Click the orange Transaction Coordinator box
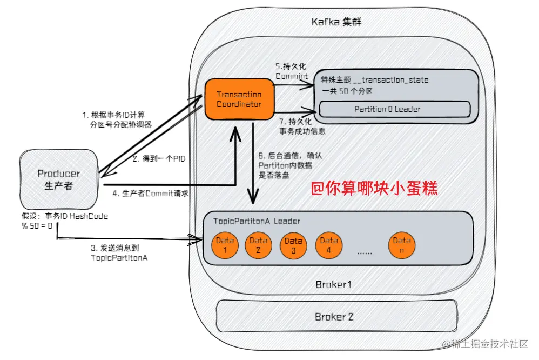pyautogui.click(x=239, y=99)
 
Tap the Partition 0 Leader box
pyautogui.click(x=387, y=109)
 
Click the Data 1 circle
pyautogui.click(x=223, y=246)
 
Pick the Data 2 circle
pyautogui.click(x=258, y=246)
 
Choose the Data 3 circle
pyautogui.click(x=293, y=246)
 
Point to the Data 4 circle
pyautogui.click(x=328, y=246)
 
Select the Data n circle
pyautogui.click(x=402, y=246)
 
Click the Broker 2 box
pyautogui.click(x=334, y=317)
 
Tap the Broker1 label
pyautogui.click(x=333, y=284)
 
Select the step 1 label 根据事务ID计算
pyautogui.click(x=117, y=119)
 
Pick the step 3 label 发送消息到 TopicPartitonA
pyautogui.click(x=119, y=253)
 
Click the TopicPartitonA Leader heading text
pyautogui.click(x=257, y=222)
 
